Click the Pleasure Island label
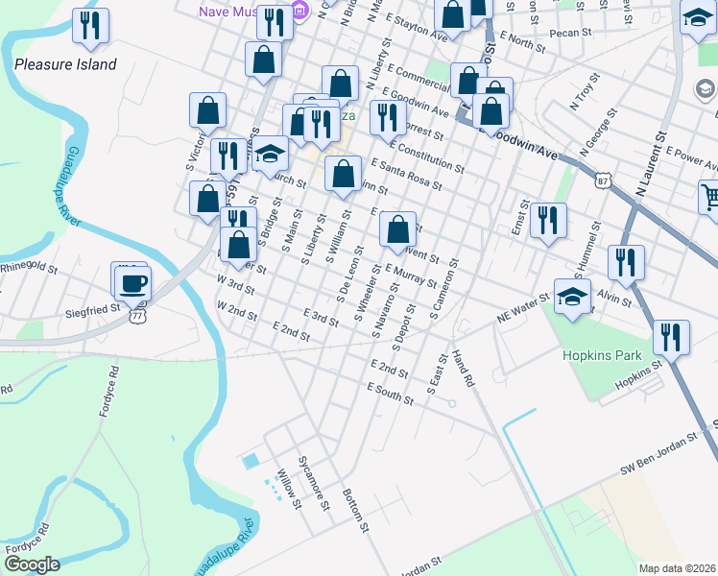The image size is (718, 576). pyautogui.click(x=65, y=65)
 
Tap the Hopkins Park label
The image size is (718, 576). pyautogui.click(x=602, y=355)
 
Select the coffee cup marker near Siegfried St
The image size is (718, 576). pyautogui.click(x=132, y=282)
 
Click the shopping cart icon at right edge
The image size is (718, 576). pyautogui.click(x=709, y=196)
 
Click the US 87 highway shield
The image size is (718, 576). pyautogui.click(x=602, y=180)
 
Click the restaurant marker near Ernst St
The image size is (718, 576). pyautogui.click(x=548, y=220)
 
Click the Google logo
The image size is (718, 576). pyautogui.click(x=32, y=564)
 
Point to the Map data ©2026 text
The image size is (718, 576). pyautogui.click(x=677, y=568)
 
